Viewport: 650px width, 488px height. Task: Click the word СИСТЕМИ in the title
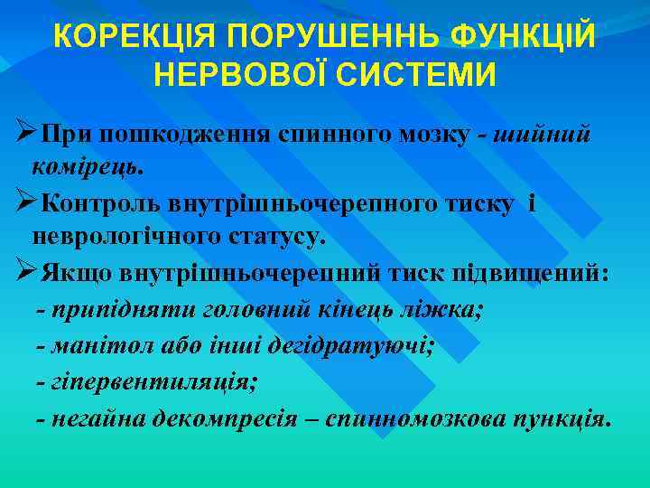[415, 75]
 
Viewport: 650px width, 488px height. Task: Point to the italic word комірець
[87, 167]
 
